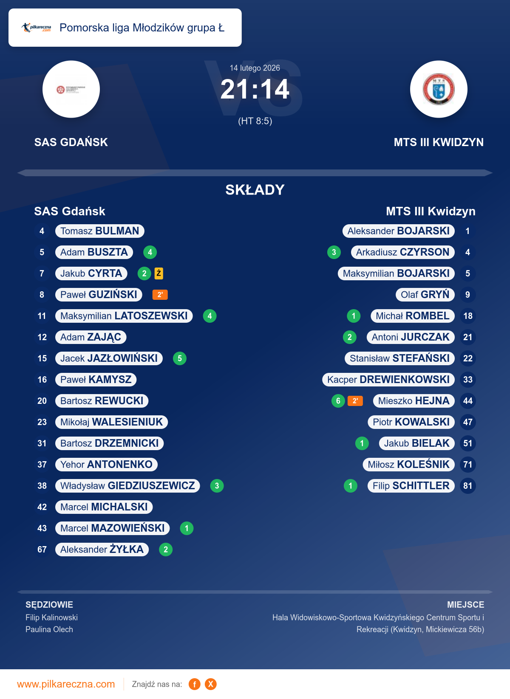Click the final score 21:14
(x=255, y=90)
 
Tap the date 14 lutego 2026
(x=255, y=68)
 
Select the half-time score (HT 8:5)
(x=255, y=121)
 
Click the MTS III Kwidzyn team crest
(x=439, y=89)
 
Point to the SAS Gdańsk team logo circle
(x=71, y=89)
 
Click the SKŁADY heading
(x=255, y=190)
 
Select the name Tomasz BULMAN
(x=100, y=231)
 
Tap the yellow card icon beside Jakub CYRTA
(x=159, y=273)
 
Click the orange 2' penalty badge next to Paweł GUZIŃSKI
(x=160, y=295)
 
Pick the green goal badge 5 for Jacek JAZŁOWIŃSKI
(x=180, y=358)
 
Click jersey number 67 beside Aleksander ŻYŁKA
(x=42, y=550)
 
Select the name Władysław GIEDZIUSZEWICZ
(x=127, y=486)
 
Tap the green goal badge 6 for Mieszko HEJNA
(x=338, y=401)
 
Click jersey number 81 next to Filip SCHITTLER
(x=468, y=486)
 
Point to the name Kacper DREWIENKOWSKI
(x=388, y=380)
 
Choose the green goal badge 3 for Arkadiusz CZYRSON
(x=334, y=252)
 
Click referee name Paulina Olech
(x=49, y=629)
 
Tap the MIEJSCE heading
(x=465, y=605)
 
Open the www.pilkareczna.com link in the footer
(x=66, y=684)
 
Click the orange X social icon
(x=210, y=684)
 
